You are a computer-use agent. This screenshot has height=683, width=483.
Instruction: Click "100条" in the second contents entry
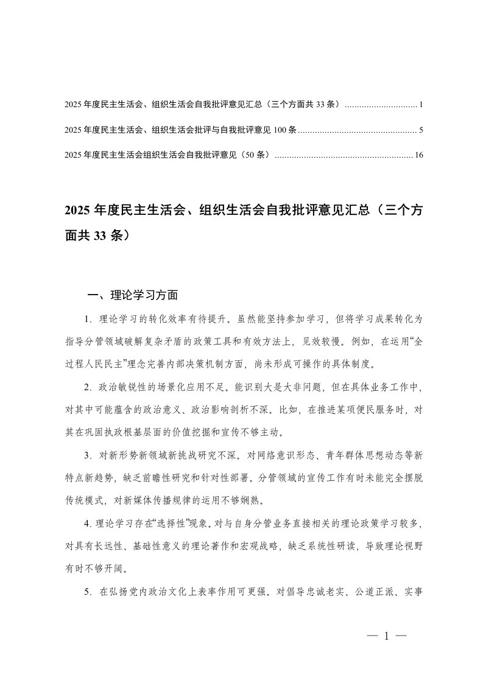pos(286,130)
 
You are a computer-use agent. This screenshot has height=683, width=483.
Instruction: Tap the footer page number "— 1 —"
pos(387,637)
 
